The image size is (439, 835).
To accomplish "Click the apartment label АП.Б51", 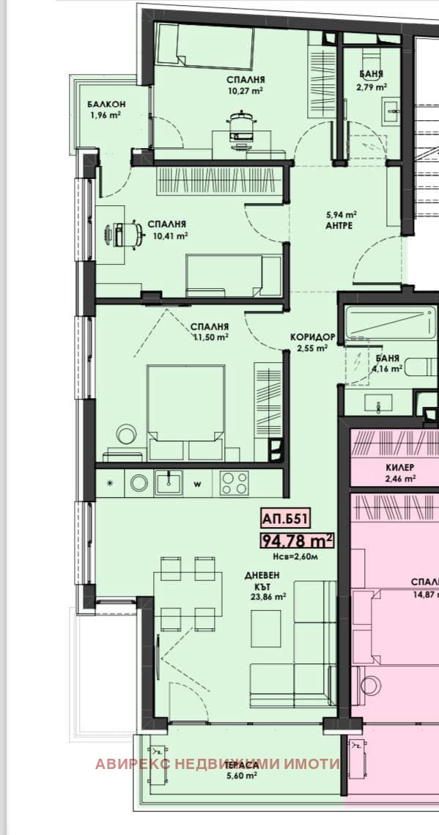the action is [284, 518].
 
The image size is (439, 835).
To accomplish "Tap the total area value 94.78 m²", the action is [297, 541].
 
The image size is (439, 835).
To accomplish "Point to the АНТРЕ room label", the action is [341, 225].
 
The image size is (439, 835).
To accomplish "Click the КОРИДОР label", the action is [312, 337].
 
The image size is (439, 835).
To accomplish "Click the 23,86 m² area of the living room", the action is [268, 597].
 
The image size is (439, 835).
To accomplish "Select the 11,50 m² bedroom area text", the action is [210, 336].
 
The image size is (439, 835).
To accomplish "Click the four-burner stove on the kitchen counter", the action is [234, 483].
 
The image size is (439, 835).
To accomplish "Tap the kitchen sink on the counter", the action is [168, 482].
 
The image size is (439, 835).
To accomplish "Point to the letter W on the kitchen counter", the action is [197, 485].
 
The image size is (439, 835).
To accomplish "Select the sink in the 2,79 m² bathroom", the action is [391, 111].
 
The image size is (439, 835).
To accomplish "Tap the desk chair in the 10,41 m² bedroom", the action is [125, 235].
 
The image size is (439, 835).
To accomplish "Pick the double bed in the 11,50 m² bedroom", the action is [185, 412].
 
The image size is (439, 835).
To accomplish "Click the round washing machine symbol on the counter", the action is [139, 483].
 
